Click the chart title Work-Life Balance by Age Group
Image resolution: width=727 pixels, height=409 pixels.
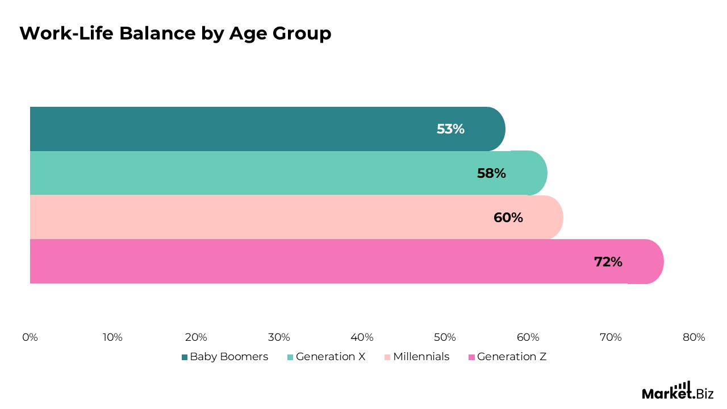point(175,34)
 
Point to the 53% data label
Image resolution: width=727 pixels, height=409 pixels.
point(450,130)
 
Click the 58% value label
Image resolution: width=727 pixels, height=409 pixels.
point(491,173)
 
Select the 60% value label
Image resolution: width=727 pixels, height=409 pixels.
point(508,218)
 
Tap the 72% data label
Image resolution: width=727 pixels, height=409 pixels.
point(608,262)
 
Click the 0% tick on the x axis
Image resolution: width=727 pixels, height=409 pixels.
point(30,337)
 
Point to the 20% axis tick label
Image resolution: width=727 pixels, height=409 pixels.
point(196,337)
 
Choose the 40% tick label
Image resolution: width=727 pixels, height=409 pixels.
point(362,337)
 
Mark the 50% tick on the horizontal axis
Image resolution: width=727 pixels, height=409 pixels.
point(445,337)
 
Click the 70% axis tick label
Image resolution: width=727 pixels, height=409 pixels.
point(611,337)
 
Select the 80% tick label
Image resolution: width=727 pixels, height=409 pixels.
point(693,337)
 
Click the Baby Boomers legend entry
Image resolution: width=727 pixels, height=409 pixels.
point(225,357)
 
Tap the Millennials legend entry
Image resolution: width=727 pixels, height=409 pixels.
point(417,357)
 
